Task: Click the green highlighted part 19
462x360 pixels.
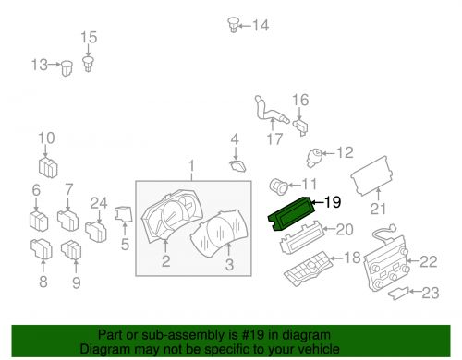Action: point(292,213)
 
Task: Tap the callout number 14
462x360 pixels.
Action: point(261,25)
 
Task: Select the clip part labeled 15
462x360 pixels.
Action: point(89,64)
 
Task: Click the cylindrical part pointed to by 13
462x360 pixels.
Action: point(67,68)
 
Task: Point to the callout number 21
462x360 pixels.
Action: point(378,209)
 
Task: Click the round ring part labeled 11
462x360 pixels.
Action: point(278,186)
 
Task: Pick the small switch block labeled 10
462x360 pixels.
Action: point(48,167)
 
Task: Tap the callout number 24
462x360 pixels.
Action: point(99,203)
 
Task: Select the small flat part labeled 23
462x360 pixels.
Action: point(399,293)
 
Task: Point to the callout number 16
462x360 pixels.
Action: point(300,100)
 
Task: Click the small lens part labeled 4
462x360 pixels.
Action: point(238,165)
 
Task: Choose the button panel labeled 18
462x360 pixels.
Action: point(308,269)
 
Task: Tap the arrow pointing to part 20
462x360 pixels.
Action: point(329,229)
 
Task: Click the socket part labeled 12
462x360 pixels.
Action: point(314,157)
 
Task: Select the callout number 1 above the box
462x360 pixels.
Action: point(191,166)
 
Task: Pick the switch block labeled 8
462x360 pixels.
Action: point(42,249)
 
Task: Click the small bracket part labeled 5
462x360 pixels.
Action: point(124,214)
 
